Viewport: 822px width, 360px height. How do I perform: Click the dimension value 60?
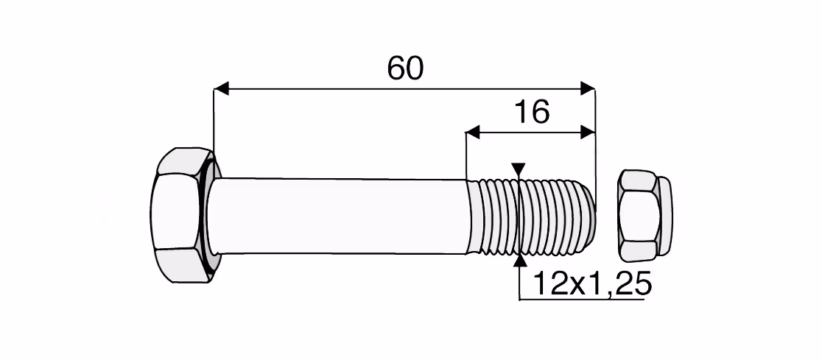coord(404,68)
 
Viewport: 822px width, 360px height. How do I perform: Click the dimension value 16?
coord(532,112)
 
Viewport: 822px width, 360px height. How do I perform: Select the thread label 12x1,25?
coord(591,284)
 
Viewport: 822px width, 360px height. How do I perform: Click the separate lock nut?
coord(644,216)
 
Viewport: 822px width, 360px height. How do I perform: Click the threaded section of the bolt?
coord(530,216)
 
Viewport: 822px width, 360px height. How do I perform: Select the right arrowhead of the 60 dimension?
coord(588,88)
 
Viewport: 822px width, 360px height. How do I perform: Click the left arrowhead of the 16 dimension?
coord(474,133)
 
